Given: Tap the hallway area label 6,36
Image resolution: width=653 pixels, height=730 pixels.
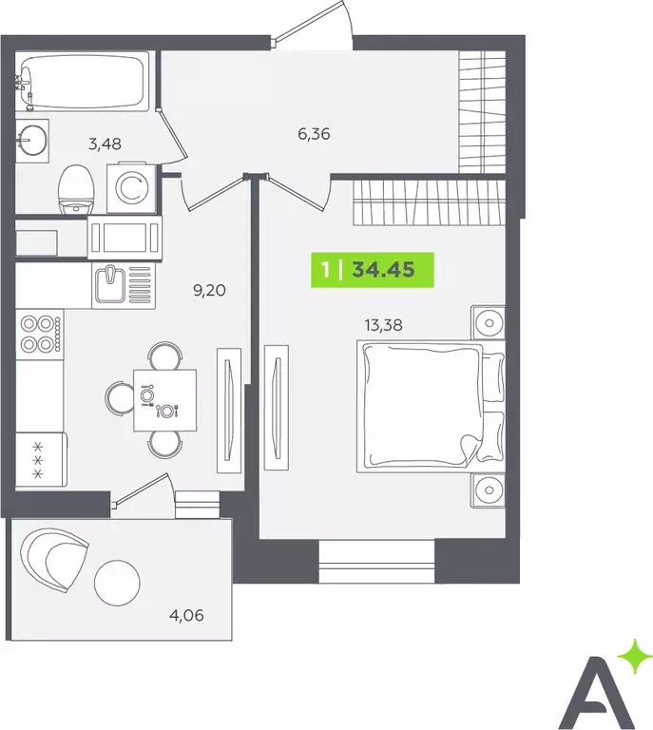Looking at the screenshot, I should pyautogui.click(x=314, y=134).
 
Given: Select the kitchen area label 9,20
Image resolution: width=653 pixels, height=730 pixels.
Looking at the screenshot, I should pyautogui.click(x=210, y=291).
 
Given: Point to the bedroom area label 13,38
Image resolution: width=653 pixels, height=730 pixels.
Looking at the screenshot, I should pyautogui.click(x=381, y=325).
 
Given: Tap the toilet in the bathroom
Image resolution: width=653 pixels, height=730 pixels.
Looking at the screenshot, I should pyautogui.click(x=75, y=188).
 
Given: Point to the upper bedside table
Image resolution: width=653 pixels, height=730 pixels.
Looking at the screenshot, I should pyautogui.click(x=489, y=323).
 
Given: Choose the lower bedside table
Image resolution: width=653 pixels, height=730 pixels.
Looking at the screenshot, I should pyautogui.click(x=489, y=491).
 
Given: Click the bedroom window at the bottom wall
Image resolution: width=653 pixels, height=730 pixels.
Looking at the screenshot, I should pyautogui.click(x=376, y=561).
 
